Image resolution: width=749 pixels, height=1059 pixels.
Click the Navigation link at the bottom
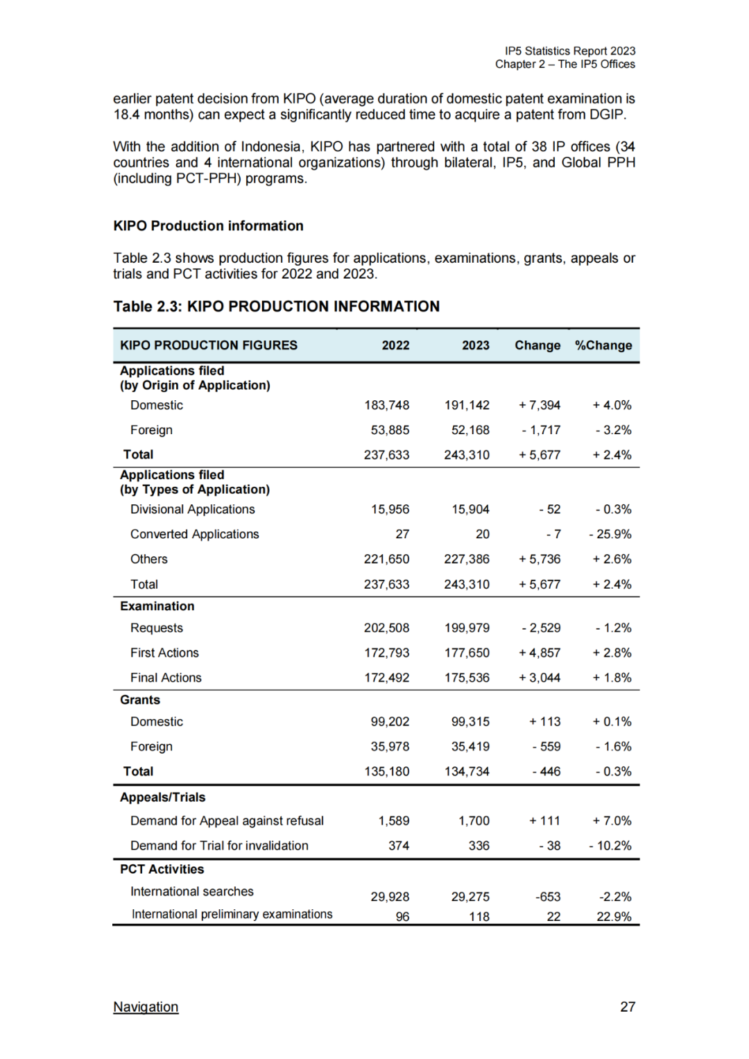click(x=146, y=1006)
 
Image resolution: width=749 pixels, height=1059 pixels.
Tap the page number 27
click(x=627, y=1006)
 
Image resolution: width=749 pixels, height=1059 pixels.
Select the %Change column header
click(x=603, y=345)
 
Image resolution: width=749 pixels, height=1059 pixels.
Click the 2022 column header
click(x=395, y=345)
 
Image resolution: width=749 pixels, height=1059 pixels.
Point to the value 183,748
click(x=387, y=405)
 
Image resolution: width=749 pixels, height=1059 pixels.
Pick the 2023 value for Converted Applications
click(x=482, y=534)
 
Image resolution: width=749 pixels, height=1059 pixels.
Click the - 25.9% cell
click(x=610, y=534)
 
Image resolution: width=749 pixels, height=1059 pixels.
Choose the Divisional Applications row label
click(x=193, y=509)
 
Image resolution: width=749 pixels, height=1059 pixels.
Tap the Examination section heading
click(x=157, y=606)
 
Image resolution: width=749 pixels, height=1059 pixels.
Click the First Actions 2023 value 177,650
click(x=467, y=653)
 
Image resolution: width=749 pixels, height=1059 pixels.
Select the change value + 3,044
click(x=540, y=678)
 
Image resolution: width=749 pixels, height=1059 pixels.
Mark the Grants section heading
click(x=140, y=700)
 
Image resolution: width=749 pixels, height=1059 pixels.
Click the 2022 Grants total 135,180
click(x=387, y=771)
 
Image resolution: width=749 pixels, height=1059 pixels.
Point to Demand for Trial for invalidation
click(x=219, y=845)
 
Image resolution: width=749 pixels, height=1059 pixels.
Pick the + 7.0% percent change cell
click(x=612, y=820)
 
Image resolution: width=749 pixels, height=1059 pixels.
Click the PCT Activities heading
click(x=162, y=869)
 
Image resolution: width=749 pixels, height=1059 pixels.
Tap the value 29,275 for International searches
click(x=470, y=897)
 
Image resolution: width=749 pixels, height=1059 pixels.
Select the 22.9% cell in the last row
click(x=614, y=916)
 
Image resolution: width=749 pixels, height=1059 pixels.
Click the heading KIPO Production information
click(x=208, y=226)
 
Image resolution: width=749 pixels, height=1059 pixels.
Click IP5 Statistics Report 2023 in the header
click(x=570, y=51)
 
